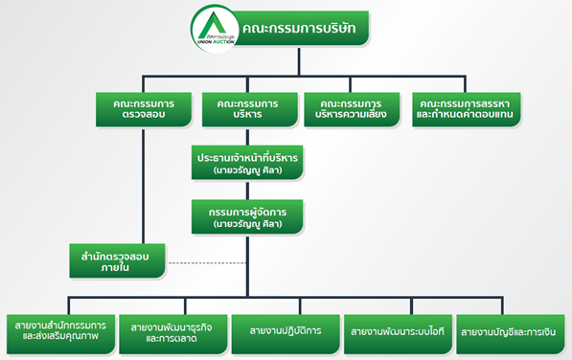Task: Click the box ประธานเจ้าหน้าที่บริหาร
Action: pyautogui.click(x=247, y=162)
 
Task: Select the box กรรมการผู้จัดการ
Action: pyautogui.click(x=247, y=216)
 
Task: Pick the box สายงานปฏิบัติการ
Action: pyautogui.click(x=285, y=330)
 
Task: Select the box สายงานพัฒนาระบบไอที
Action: pyautogui.click(x=396, y=330)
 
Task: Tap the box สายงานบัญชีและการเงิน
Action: pyautogui.click(x=509, y=330)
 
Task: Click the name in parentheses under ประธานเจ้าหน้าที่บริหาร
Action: pyautogui.click(x=247, y=170)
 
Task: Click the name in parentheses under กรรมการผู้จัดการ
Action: pyautogui.click(x=247, y=225)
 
